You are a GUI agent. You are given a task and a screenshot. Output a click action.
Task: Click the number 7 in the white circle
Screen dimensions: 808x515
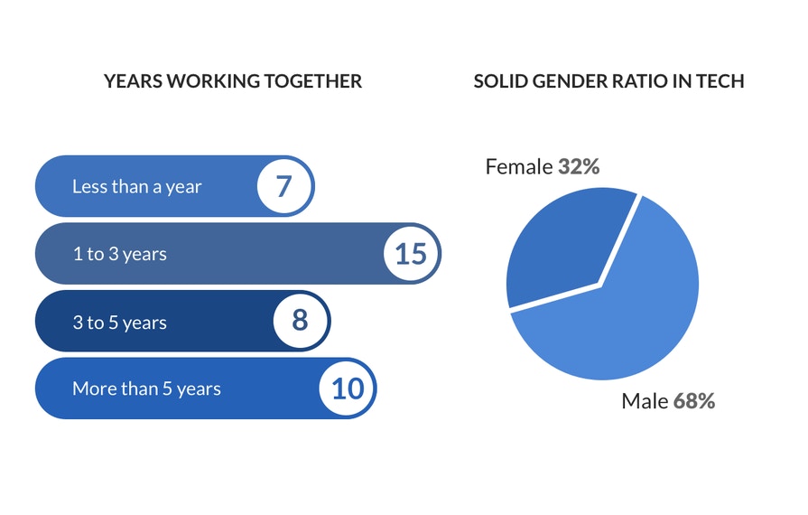tap(284, 186)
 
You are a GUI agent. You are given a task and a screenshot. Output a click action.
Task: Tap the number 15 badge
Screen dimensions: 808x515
tap(411, 254)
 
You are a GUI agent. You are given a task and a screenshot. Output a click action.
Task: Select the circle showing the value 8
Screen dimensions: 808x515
tap(300, 321)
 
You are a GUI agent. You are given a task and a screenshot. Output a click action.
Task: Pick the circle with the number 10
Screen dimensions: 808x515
tap(347, 389)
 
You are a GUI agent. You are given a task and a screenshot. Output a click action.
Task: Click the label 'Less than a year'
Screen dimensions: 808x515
tap(136, 187)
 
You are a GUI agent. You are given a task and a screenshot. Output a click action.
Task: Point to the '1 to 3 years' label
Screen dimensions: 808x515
tap(119, 254)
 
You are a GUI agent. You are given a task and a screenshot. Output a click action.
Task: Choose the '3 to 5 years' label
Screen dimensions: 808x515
tap(119, 323)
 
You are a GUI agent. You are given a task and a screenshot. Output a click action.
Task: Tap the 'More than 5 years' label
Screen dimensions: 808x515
tap(146, 389)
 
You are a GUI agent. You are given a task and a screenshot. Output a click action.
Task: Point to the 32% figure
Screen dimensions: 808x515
tap(579, 166)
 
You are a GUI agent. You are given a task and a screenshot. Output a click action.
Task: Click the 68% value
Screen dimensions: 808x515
tap(694, 401)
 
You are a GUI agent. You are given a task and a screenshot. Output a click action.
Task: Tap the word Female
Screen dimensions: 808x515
tap(519, 166)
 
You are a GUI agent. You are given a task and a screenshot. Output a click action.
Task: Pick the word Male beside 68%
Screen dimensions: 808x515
tap(645, 401)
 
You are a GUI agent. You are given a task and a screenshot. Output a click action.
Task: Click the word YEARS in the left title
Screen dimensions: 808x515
tap(134, 81)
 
